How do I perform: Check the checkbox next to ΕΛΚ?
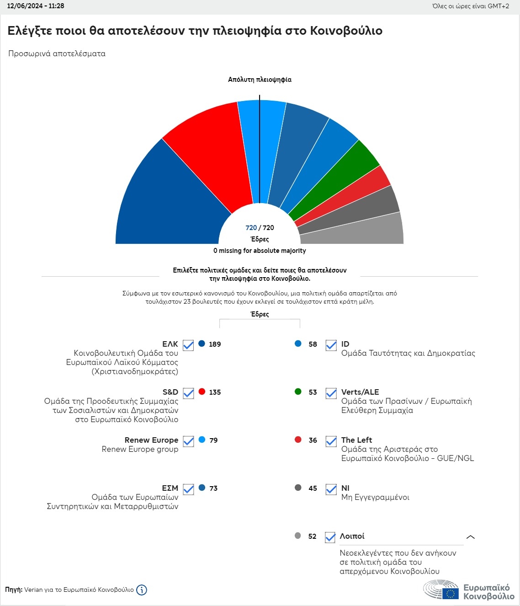[188, 345]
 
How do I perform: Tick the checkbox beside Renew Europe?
[188, 441]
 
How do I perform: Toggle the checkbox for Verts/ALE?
[331, 393]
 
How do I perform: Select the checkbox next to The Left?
[331, 441]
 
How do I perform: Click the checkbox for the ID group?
[331, 345]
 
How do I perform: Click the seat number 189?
[215, 344]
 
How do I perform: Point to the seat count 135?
[215, 392]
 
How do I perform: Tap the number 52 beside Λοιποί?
[312, 536]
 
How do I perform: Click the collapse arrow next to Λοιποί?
[470, 537]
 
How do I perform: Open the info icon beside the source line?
[142, 590]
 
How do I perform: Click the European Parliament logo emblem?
[440, 589]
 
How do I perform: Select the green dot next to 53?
[298, 391]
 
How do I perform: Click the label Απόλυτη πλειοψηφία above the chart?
[260, 80]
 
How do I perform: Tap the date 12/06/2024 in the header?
[25, 6]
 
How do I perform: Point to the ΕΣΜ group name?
[170, 488]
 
